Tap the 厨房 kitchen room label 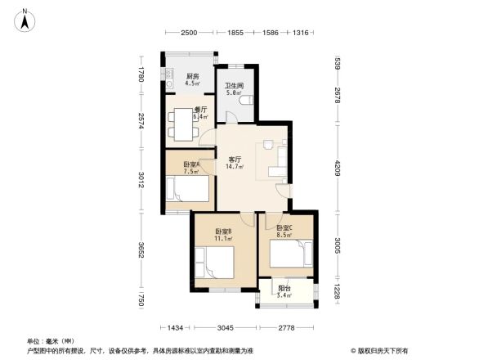192,76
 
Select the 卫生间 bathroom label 235,86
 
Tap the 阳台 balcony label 284,288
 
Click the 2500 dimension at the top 189,33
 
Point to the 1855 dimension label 235,33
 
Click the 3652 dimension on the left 141,250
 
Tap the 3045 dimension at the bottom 226,327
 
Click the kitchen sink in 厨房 169,79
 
